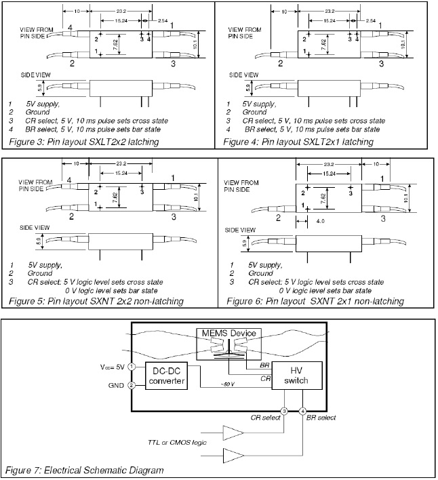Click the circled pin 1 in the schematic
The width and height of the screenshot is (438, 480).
(133, 367)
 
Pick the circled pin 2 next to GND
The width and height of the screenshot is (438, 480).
(133, 384)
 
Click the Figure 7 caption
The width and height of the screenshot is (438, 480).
(84, 470)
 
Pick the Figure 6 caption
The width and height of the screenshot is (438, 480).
(315, 300)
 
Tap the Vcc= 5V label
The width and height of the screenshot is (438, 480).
(112, 367)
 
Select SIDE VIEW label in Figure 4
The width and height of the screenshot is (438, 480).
(242, 75)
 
